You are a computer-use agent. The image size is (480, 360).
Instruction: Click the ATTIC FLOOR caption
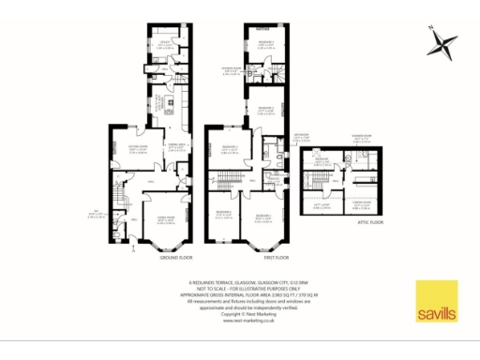pos(370,223)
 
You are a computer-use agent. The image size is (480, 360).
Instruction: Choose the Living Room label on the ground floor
pos(164,196)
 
